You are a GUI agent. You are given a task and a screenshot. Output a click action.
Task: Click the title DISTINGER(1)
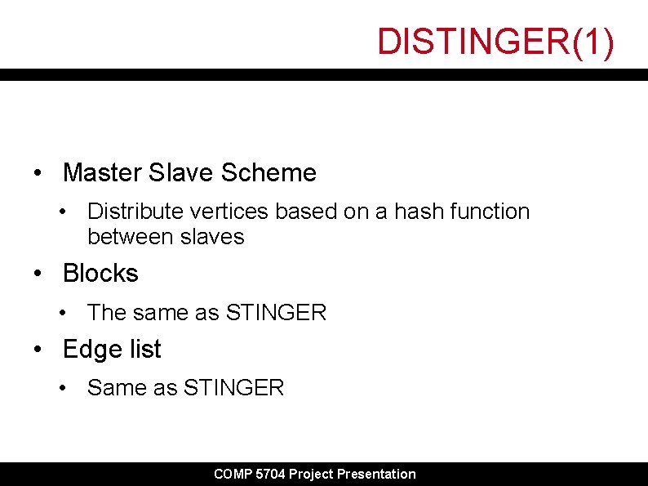495,42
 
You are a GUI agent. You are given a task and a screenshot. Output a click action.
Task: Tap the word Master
102,173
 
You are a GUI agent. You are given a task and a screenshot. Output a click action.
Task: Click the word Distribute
135,212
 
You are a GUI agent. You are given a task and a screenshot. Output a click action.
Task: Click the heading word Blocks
100,274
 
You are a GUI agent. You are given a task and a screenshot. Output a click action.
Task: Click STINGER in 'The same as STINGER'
276,313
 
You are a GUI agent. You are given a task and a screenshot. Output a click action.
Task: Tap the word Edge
87,350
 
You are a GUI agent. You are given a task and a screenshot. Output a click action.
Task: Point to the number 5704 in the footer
270,475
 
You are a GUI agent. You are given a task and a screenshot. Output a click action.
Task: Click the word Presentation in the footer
376,475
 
